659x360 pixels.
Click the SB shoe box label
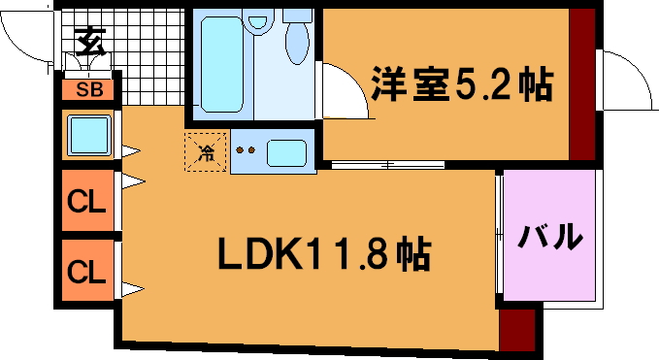tap(89, 89)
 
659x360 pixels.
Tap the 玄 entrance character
tap(90, 42)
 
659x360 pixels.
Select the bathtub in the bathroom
tap(222, 64)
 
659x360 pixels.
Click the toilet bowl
tap(297, 40)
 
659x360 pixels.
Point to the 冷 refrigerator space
tap(206, 152)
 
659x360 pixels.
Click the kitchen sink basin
tap(286, 153)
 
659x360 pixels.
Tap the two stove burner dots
tap(245, 150)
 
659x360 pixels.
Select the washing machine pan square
tap(89, 135)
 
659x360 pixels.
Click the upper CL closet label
tap(86, 202)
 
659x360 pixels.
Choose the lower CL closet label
tap(86, 272)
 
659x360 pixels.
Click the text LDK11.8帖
tap(324, 253)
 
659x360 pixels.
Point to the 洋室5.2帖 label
tap(461, 83)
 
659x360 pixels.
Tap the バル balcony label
tap(549, 236)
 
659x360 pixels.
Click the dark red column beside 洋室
tap(582, 84)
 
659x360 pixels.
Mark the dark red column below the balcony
tap(517, 330)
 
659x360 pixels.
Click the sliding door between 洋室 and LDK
tap(387, 165)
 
